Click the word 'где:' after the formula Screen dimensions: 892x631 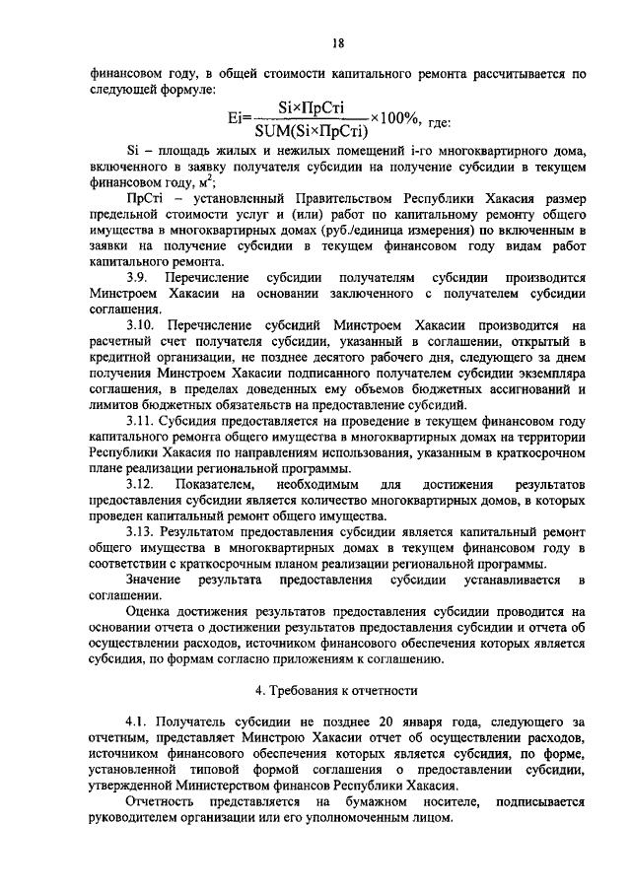(435, 122)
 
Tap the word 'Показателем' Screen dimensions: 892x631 (216, 485)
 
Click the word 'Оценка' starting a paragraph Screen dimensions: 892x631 (150, 611)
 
